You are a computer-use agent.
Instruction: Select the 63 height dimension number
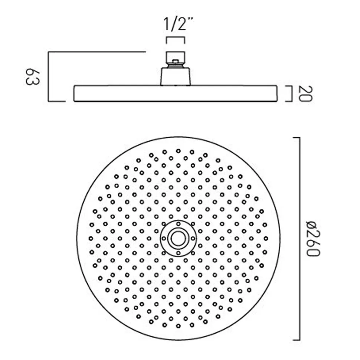point(32,77)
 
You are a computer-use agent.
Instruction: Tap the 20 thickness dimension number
point(306,94)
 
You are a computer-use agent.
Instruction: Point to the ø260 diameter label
point(313,239)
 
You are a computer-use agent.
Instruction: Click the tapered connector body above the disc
point(176,76)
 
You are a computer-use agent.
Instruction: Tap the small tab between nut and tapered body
point(176,61)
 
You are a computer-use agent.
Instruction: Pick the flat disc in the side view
point(176,94)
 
